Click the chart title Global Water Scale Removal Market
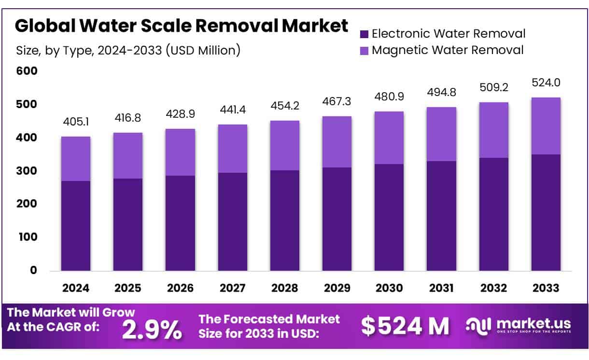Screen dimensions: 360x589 click(181, 26)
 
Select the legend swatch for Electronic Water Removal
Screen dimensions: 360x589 click(364, 34)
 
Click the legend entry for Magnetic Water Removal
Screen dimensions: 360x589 click(447, 50)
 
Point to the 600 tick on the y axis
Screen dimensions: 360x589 click(27, 71)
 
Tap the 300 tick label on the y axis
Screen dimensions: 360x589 click(27, 171)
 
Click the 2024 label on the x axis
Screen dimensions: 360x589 click(76, 288)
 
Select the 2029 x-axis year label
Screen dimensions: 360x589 click(337, 288)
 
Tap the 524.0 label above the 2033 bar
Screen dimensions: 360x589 click(546, 83)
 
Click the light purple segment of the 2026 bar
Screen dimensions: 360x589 click(180, 152)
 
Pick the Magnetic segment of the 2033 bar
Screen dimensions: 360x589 click(546, 126)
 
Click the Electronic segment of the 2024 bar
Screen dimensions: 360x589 click(76, 225)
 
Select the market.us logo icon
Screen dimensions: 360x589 click(478, 325)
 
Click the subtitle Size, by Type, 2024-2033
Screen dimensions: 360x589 click(128, 50)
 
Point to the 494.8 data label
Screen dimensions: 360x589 click(441, 92)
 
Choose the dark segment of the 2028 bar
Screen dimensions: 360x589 click(285, 220)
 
